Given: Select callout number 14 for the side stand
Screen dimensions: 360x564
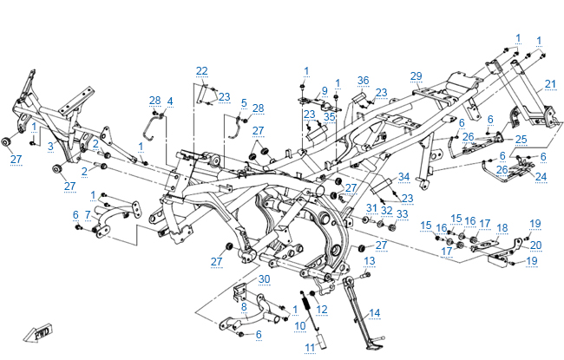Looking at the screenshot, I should point(375,312).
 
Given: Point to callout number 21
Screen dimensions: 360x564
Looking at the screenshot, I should point(169,101).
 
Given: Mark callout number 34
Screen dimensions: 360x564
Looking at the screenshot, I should point(403,177).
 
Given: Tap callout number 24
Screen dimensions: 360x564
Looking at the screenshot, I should point(541,177).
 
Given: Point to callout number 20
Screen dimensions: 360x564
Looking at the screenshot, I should point(536,245).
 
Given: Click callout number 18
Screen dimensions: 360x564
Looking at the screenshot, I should point(502,227).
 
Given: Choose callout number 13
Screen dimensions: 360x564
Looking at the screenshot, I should point(369,260).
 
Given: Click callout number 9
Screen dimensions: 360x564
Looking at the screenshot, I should point(324,90).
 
